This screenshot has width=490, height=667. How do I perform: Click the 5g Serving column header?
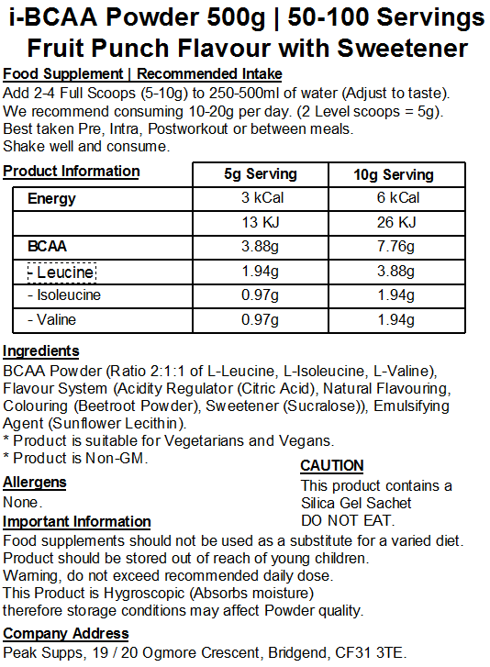click(261, 174)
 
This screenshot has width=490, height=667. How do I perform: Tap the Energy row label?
click(51, 198)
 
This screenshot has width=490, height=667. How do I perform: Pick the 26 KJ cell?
click(396, 222)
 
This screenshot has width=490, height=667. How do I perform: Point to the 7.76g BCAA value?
click(396, 247)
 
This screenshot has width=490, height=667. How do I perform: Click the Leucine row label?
click(61, 272)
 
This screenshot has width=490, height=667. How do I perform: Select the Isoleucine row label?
click(64, 295)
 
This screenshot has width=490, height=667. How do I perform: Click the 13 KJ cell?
click(261, 222)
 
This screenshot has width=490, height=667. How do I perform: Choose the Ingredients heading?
click(41, 351)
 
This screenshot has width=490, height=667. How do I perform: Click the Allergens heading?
click(35, 483)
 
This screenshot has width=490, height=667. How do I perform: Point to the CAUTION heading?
click(332, 466)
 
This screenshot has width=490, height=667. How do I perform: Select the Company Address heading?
click(66, 634)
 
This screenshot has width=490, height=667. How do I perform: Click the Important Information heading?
click(77, 522)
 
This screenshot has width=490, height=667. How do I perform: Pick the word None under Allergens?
click(21, 503)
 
